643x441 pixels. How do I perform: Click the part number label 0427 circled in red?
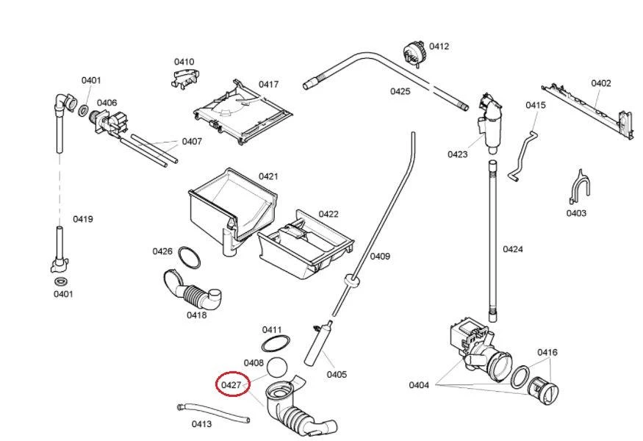pos(231,384)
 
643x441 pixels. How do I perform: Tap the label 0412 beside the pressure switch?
pos(439,46)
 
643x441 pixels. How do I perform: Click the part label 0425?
pos(400,92)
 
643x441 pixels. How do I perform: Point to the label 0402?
pos(601,83)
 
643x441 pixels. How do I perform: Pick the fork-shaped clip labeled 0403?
pos(581,187)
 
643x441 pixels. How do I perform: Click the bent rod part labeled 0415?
pos(522,154)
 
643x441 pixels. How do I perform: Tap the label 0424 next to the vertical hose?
pos(513,249)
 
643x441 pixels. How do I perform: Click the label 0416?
pos(547,353)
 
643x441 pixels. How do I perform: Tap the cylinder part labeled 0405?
pos(318,348)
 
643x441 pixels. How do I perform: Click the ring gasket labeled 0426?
pos(190,259)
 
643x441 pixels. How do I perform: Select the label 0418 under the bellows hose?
pos(196,315)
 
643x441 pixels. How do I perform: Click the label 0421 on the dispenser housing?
pos(268,176)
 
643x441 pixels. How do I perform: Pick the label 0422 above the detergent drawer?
pos(328,214)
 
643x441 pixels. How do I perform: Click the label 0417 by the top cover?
pos(269,85)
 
